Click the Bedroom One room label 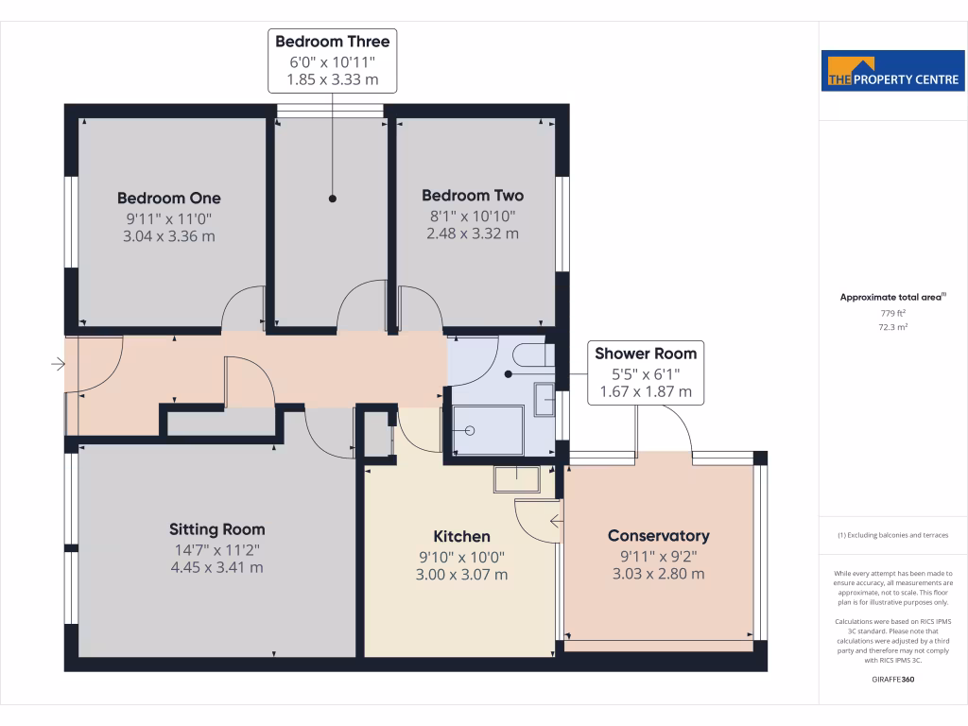point(169,198)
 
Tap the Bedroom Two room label point(473,196)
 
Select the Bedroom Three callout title point(332,41)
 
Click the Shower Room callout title point(646,354)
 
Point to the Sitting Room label point(216,529)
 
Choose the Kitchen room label point(461,536)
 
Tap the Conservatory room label point(658,536)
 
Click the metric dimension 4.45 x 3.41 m point(216,567)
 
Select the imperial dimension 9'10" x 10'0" point(461,556)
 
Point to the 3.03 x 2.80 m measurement point(658,574)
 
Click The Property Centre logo point(892,70)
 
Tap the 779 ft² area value point(892,313)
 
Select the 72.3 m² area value point(892,326)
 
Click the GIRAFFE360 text point(892,679)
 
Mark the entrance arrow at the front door point(58,364)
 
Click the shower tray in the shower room point(488,430)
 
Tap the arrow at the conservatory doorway point(556,519)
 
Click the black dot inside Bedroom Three point(333,199)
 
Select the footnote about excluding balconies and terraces point(892,536)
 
